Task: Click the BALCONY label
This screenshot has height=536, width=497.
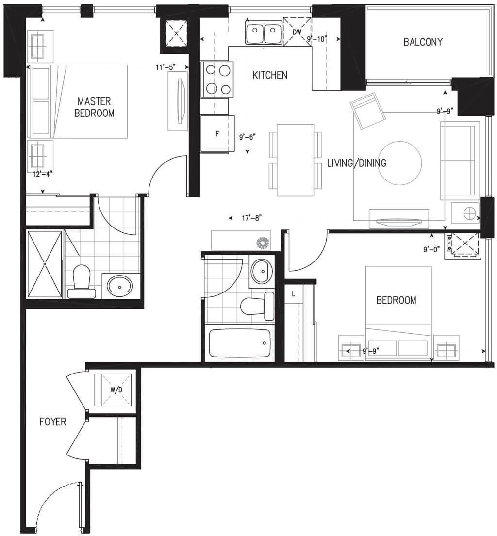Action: pos(423,42)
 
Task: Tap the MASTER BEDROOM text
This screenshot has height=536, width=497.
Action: pos(94,107)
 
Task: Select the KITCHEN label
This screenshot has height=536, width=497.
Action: pos(270,75)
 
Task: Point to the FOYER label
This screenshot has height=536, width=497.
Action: pos(53,422)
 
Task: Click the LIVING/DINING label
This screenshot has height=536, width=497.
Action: pos(357,162)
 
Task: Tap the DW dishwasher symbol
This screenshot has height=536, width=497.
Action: pos(297,31)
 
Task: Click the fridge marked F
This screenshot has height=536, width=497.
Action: pos(217,134)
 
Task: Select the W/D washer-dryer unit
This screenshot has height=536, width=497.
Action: pos(113,390)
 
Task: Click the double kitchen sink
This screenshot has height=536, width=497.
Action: pos(264,32)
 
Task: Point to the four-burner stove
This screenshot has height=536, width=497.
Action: pos(217,79)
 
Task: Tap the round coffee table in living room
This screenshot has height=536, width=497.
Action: pos(399,163)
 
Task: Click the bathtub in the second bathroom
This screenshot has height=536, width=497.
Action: pos(240,343)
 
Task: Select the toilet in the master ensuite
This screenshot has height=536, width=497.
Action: pos(82,281)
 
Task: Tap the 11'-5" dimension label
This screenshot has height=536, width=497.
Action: pos(166,67)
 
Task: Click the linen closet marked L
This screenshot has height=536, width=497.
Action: pos(294,293)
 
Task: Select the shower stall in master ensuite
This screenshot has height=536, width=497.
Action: pos(45,264)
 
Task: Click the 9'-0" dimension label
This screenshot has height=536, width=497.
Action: pos(431,249)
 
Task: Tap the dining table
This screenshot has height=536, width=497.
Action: pos(296,160)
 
